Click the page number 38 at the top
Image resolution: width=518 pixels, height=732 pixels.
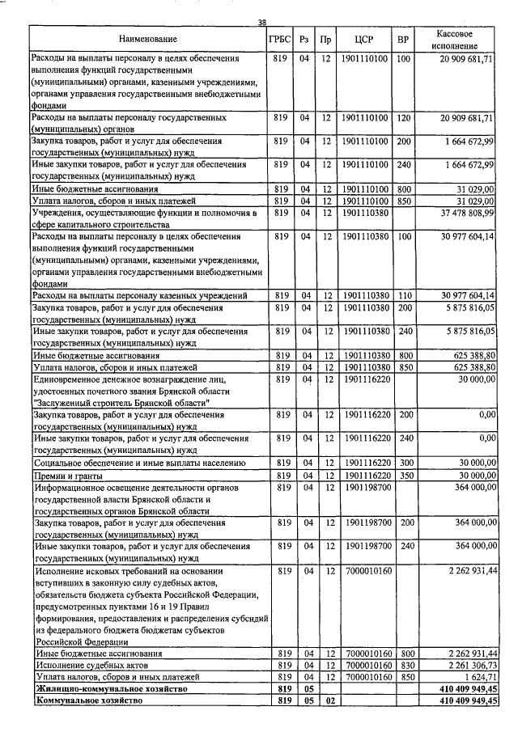261,22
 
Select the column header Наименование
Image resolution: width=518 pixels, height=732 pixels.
147,39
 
